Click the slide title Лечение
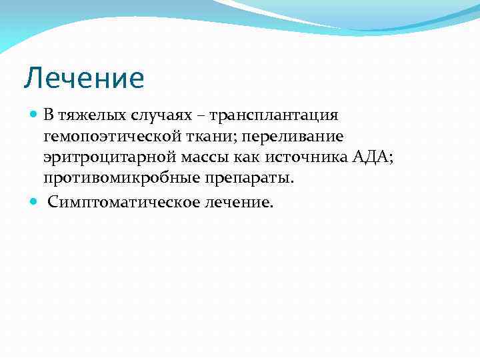[x=84, y=78]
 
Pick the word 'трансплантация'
[x=273, y=115]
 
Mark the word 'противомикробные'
[x=113, y=179]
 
